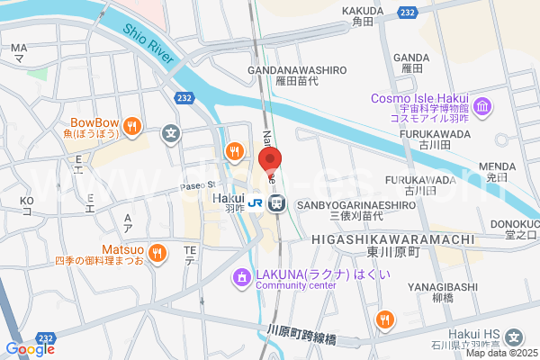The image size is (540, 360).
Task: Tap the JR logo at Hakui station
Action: point(256,203)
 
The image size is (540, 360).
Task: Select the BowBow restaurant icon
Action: point(131,125)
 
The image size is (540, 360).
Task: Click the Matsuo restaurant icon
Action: point(157,252)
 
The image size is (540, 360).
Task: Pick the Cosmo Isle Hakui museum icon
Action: point(483,108)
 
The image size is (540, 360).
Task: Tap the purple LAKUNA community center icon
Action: point(240,278)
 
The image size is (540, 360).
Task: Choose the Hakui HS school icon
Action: point(513,338)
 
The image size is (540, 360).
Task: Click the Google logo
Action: point(30,348)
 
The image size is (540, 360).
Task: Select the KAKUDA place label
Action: point(363,11)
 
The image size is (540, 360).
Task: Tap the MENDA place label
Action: point(497,166)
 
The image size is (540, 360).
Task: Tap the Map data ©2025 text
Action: point(503,352)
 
